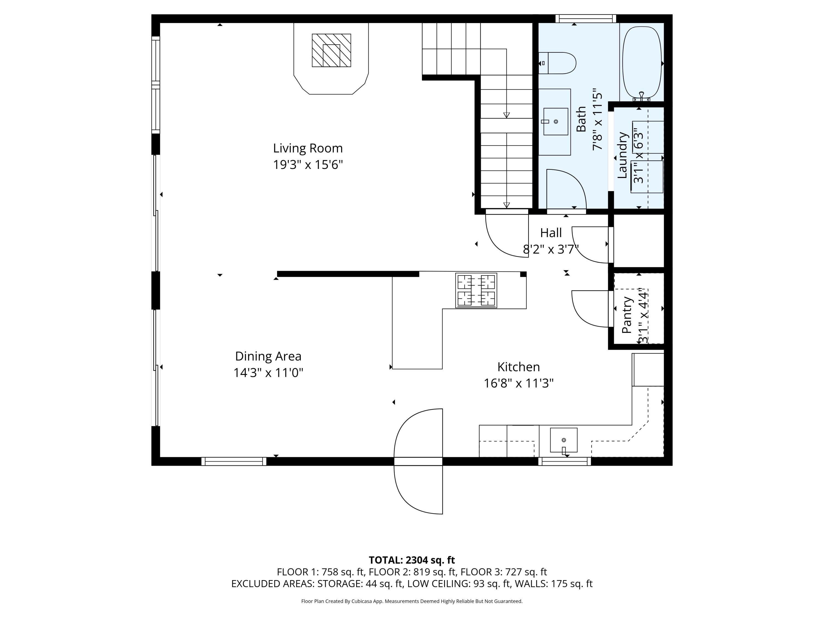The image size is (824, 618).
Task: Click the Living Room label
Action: [x=308, y=148]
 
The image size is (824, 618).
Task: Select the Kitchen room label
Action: [x=519, y=367]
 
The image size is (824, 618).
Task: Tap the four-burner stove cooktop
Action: [x=476, y=291]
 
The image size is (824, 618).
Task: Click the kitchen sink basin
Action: [x=564, y=440]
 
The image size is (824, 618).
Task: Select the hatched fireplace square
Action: [x=331, y=50]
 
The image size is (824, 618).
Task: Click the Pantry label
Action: [x=627, y=315]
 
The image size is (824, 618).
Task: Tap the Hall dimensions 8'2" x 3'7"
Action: [x=551, y=249]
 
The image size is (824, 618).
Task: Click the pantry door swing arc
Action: [x=581, y=317]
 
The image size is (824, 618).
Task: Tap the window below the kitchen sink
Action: [x=564, y=461]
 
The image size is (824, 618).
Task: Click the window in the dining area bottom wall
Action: [x=234, y=461]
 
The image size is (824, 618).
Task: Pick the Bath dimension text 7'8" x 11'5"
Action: [x=597, y=119]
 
